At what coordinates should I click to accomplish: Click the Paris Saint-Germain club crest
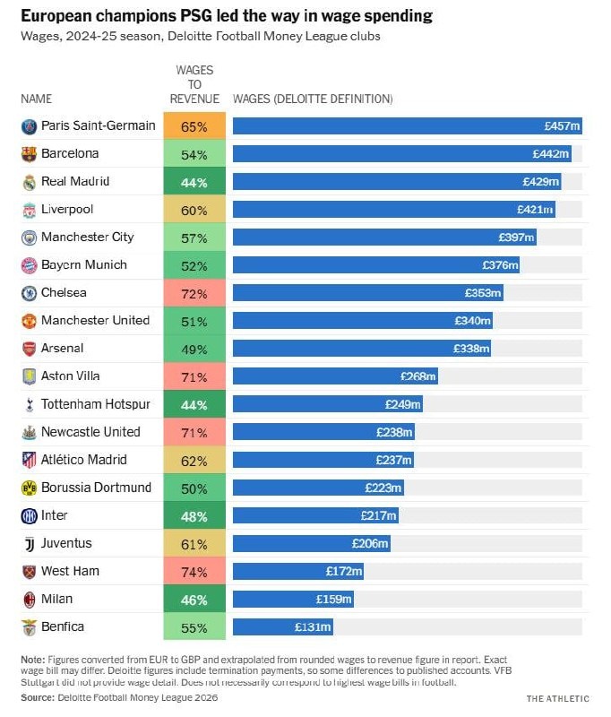[x=29, y=126]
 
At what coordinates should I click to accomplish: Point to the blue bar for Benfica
[x=284, y=626]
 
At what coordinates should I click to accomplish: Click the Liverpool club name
[x=67, y=210]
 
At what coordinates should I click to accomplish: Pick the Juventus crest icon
[x=29, y=543]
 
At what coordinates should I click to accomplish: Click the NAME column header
[x=37, y=99]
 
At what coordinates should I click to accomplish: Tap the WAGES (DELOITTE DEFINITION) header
[x=313, y=99]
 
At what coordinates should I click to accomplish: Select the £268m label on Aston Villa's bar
[x=418, y=376]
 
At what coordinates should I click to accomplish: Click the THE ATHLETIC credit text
[x=558, y=698]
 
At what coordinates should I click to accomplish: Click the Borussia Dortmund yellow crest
[x=29, y=488]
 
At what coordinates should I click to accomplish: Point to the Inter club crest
[x=29, y=515]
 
